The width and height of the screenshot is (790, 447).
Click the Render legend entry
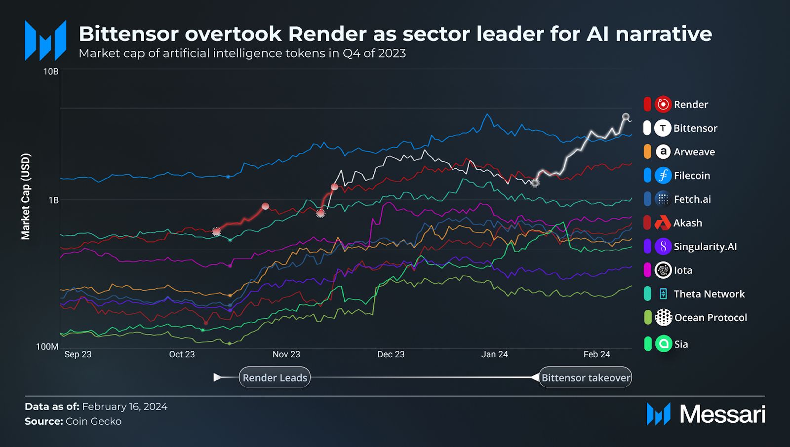pos(690,105)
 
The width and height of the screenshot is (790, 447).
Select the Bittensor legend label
pos(695,128)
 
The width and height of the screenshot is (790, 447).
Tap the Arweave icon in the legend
pos(663,152)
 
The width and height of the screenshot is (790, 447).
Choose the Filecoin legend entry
pos(691,176)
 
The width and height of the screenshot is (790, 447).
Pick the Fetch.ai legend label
pos(692,199)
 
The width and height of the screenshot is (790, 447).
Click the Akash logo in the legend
pos(663,223)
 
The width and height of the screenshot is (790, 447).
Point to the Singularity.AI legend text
pos(705,247)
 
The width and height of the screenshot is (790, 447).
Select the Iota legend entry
pos(683,270)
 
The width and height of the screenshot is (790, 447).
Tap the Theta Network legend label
pos(709,294)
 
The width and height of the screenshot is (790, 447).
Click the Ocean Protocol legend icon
pos(663,318)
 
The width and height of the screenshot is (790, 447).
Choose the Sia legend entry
pos(681,344)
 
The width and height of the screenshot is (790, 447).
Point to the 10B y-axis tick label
pos(51,72)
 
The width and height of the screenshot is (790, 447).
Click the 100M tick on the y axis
pos(47,347)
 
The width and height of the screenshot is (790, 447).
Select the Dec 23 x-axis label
pos(391,354)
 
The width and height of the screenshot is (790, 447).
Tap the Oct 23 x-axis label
pos(182,354)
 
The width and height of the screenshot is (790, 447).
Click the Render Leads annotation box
pos(275,377)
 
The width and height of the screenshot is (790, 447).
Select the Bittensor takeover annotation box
pos(586,377)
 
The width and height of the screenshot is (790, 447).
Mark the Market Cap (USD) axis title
pos(26,196)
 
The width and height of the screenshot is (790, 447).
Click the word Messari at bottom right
pos(722,414)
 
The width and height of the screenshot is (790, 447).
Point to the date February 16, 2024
pos(124,407)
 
